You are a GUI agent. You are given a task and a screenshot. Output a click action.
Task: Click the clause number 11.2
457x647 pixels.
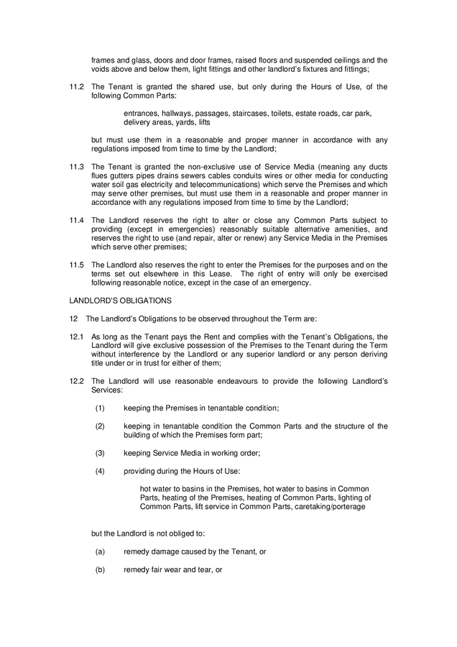(77, 87)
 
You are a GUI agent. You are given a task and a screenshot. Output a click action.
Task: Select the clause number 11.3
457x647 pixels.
(77, 167)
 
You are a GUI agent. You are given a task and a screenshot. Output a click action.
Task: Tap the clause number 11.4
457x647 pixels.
(77, 220)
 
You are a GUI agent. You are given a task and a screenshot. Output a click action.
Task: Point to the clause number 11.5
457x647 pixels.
(77, 265)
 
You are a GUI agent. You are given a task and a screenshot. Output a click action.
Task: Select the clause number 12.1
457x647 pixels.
(77, 336)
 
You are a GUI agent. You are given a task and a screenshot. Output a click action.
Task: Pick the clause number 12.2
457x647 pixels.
(77, 381)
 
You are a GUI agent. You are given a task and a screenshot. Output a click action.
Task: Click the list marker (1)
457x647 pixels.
(100, 408)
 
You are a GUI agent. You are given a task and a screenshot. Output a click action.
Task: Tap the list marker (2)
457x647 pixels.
(100, 426)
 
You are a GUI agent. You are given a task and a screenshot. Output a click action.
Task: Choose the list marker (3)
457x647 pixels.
(100, 453)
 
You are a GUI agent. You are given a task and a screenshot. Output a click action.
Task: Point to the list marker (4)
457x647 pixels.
(100, 471)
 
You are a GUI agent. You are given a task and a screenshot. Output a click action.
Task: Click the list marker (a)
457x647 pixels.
(100, 551)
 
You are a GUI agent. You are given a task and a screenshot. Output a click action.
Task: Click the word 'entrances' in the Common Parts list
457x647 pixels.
(142, 114)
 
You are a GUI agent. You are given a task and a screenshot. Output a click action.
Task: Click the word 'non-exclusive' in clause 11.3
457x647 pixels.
(205, 167)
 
